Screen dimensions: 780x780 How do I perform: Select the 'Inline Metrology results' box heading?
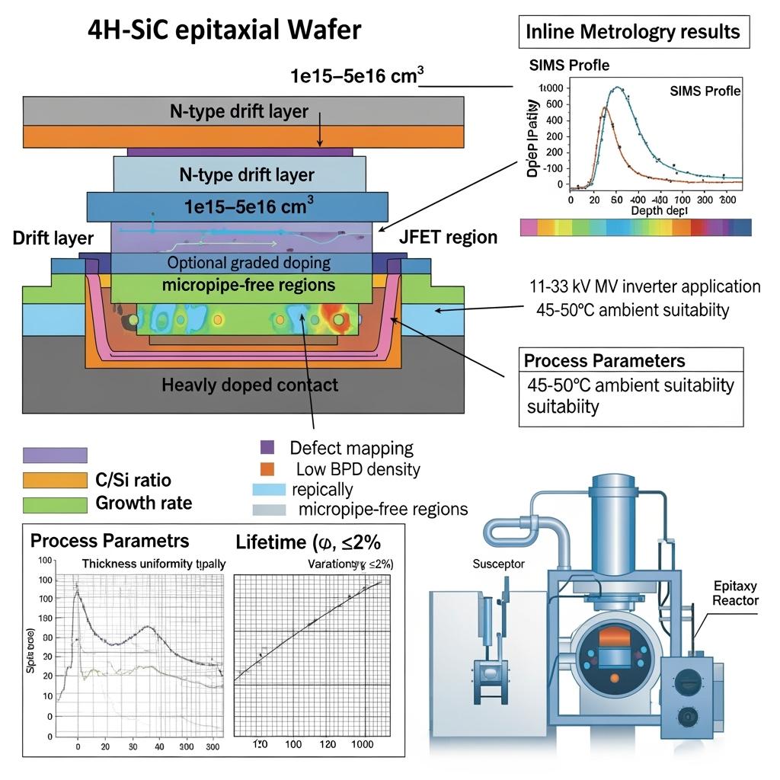633,31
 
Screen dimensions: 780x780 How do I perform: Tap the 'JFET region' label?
448,237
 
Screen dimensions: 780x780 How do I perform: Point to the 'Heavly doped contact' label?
250,385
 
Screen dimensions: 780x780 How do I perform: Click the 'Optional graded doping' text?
248,264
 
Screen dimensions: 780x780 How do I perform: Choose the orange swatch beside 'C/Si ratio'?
55,480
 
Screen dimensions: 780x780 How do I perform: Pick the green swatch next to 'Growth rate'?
55,504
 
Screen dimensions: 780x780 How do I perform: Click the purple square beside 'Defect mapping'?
267,447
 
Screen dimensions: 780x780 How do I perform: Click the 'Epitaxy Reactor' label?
735,593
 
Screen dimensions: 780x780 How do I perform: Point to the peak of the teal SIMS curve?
617,88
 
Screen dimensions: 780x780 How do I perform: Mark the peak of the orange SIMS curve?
605,108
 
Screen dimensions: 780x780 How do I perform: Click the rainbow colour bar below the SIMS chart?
635,227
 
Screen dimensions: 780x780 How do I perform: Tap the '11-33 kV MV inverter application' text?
644,286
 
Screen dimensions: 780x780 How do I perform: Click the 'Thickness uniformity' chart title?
158,564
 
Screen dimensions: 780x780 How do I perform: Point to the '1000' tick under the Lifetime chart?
363,744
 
